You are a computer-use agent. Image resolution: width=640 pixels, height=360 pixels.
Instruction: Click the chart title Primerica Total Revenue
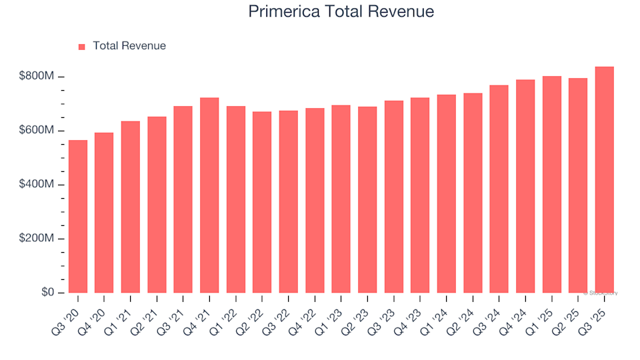tap(341, 11)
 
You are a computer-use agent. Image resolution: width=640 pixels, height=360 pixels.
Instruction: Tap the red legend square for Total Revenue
tap(82, 47)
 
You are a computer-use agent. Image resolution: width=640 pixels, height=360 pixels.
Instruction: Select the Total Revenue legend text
tap(129, 46)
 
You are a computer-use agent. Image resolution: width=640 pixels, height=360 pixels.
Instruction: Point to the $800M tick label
tap(37, 77)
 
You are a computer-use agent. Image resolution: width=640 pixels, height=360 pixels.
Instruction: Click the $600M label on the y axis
tap(37, 131)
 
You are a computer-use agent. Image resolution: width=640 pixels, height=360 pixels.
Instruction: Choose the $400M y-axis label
tap(37, 185)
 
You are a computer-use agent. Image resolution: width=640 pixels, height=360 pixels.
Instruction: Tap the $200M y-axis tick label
tap(37, 239)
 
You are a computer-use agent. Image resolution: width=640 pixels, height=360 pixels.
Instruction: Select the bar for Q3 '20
tap(78, 217)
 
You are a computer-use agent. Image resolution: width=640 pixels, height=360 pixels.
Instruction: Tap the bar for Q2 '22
tap(262, 203)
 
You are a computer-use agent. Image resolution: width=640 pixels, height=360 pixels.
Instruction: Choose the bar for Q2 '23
tap(367, 200)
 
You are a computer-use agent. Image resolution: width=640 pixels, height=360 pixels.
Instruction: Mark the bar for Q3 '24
tap(499, 189)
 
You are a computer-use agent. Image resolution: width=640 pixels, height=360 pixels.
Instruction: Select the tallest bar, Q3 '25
tap(604, 180)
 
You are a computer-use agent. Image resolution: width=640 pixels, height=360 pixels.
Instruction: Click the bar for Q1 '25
tap(551, 185)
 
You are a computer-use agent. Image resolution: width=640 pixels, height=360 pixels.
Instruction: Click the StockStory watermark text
tap(601, 293)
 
